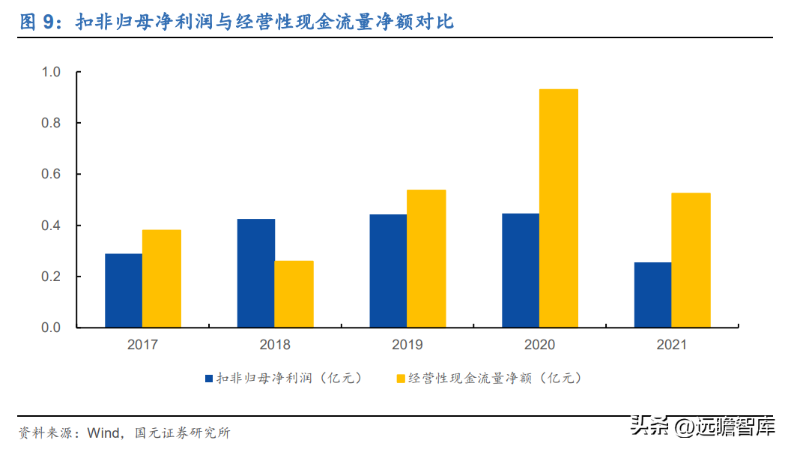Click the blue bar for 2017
124,291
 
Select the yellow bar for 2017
162,279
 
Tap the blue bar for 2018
255,274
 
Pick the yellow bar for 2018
294,295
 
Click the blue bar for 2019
388,271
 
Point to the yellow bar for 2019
426,259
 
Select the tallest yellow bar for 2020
559,208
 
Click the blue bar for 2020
521,271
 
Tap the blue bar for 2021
652,295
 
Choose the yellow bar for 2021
691,260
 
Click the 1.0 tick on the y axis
51,72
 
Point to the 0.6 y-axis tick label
51,174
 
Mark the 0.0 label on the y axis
51,328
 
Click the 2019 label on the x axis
407,345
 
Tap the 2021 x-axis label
671,345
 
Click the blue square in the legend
209,379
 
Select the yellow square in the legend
401,379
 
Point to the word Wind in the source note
103,433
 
